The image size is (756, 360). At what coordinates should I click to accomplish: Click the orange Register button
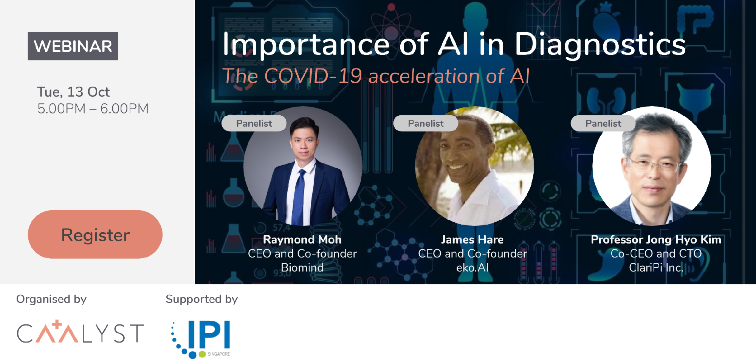pos(95,234)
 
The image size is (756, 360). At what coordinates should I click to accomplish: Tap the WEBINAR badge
pos(73,46)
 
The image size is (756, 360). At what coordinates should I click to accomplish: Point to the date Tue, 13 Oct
pos(73,92)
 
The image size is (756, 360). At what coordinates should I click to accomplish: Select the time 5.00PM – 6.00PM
pos(93,109)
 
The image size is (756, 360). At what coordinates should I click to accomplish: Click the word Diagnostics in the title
pos(600,45)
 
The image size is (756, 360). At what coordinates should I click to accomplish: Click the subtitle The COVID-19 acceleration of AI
pos(376,76)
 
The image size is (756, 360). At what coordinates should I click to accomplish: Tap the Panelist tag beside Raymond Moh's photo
pos(254,123)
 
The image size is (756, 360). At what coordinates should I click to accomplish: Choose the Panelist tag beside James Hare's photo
pos(426,123)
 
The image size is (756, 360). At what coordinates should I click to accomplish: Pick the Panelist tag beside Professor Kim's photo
pos(603,123)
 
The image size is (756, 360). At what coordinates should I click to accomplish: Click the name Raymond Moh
pos(302,239)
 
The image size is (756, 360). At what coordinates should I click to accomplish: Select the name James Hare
pos(472,239)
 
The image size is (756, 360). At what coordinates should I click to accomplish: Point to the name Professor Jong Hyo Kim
pos(656,239)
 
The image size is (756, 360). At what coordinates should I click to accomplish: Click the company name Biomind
pos(302,268)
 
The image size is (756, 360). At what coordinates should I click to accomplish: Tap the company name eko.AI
pos(472,268)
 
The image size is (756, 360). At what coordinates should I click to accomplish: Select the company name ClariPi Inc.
pos(656,268)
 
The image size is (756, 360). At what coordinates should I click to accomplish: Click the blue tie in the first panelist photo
pos(299,197)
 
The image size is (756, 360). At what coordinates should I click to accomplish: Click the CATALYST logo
pos(80,332)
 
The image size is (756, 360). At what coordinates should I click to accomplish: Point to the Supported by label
pos(202,299)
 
